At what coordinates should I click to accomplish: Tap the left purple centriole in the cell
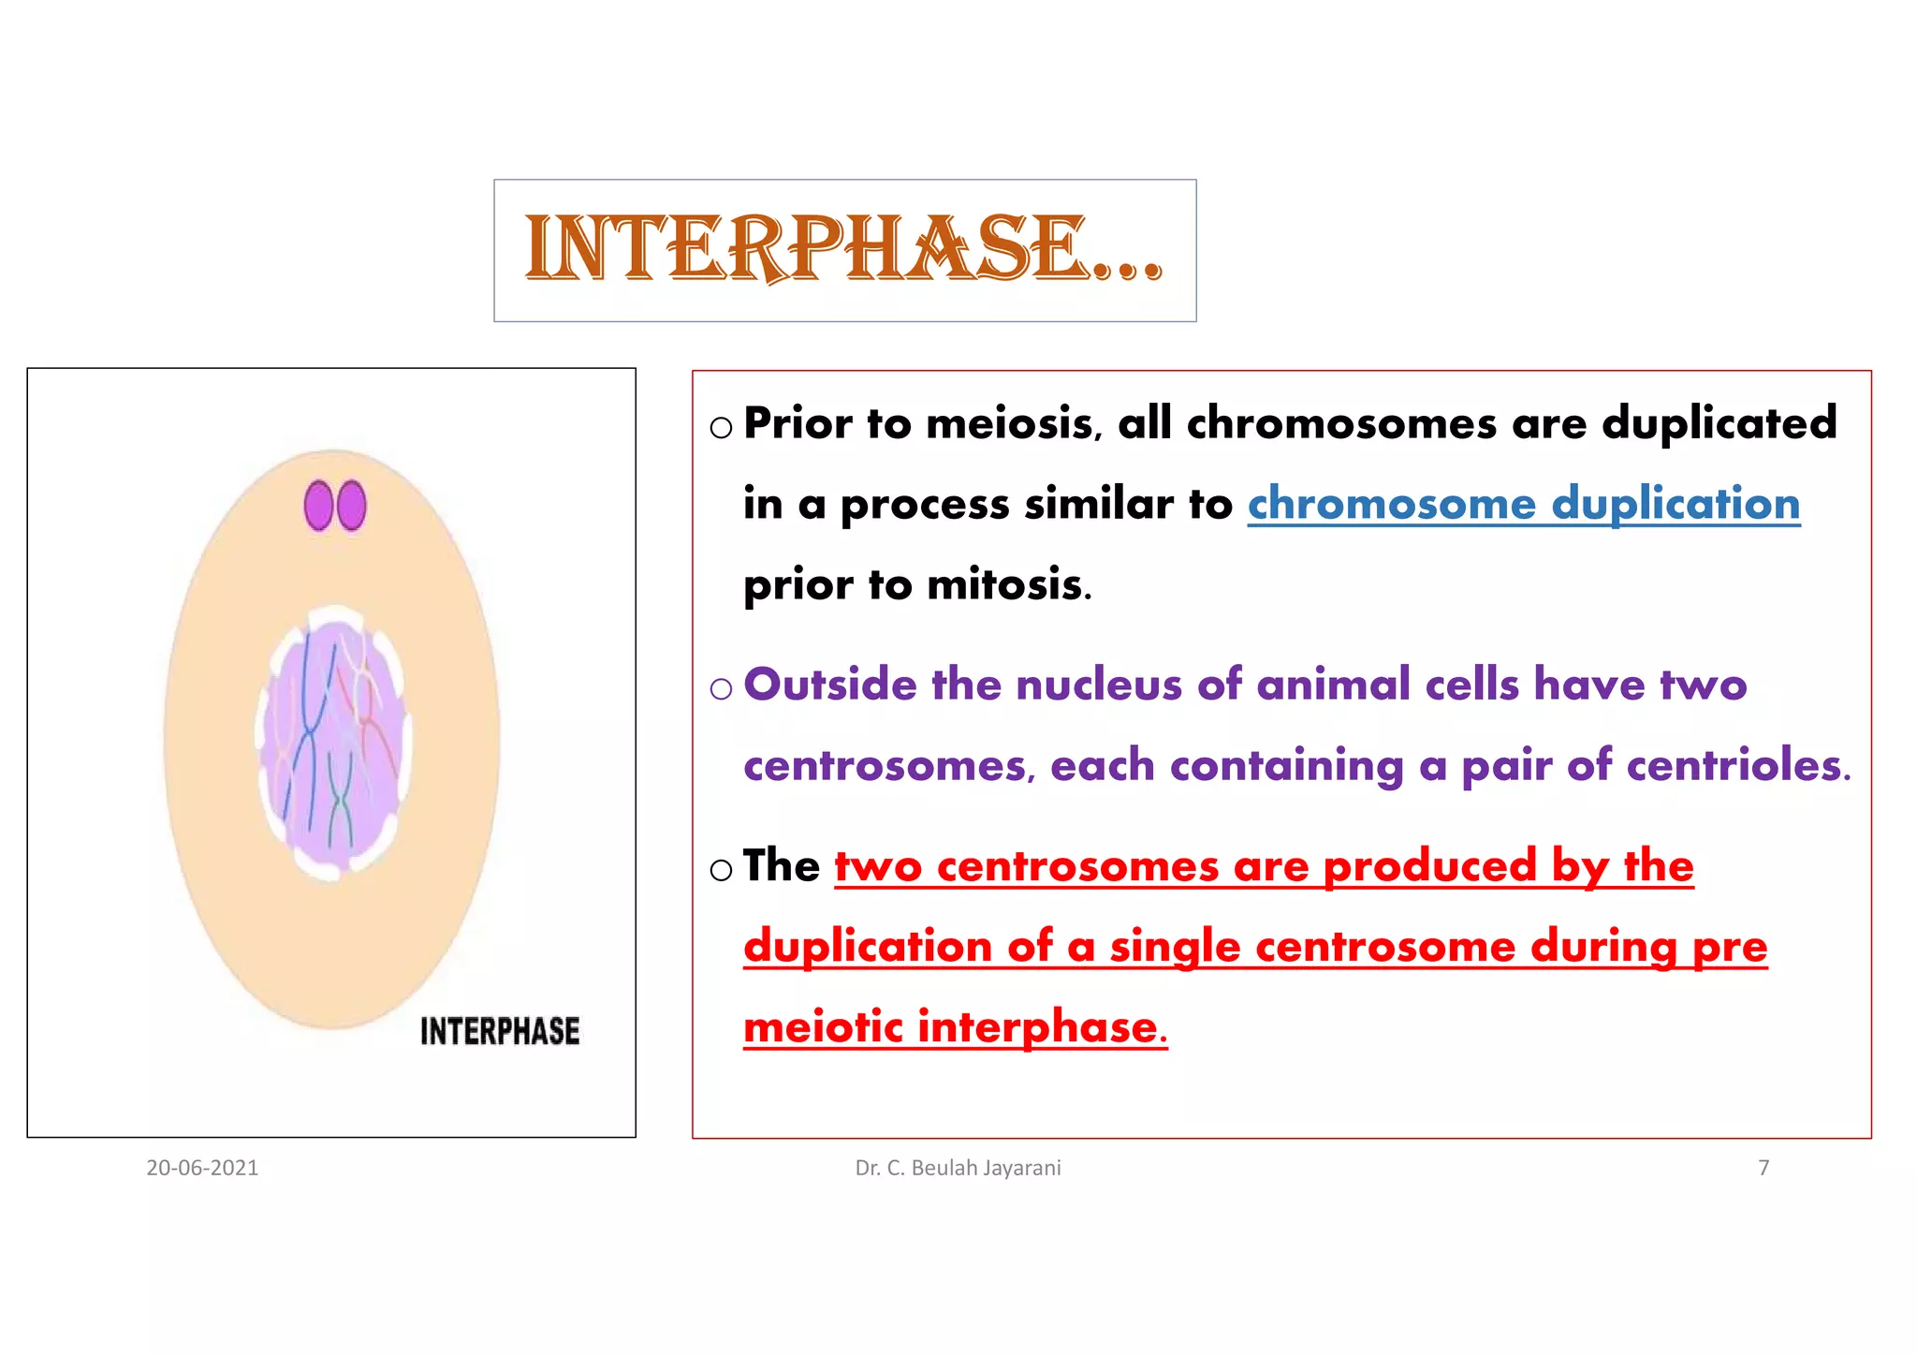point(319,506)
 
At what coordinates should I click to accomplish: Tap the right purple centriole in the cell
point(352,506)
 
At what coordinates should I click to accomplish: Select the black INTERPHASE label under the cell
point(500,1031)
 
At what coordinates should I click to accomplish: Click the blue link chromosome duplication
point(1523,504)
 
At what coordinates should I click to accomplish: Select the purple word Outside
point(829,685)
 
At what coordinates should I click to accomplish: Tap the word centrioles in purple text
point(1736,766)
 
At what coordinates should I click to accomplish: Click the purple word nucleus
point(1100,685)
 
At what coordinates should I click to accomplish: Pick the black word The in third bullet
point(781,865)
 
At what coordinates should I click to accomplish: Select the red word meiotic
point(823,1027)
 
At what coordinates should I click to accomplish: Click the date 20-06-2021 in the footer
point(202,1168)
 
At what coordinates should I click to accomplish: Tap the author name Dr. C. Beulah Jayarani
point(958,1168)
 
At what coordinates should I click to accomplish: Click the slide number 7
point(1763,1168)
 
